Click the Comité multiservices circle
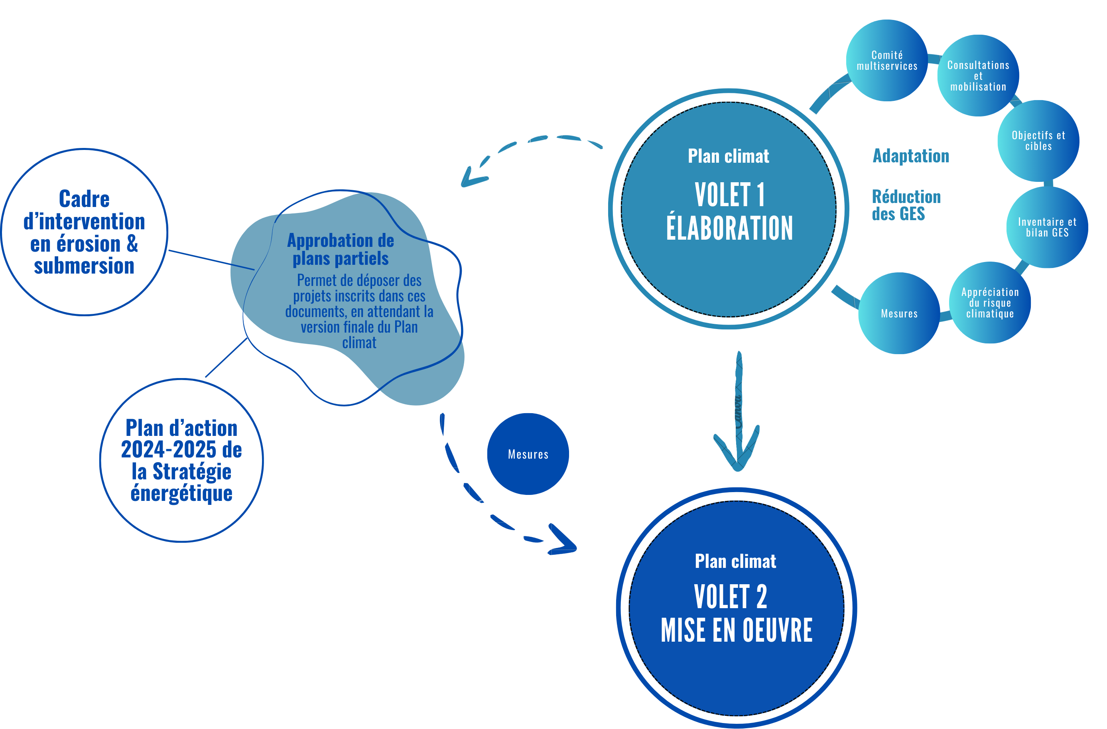point(886,61)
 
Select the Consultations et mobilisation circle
point(978,75)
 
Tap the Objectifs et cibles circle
point(1038,140)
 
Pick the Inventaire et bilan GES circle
point(1047,227)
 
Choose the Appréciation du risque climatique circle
point(990,302)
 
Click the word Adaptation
point(911,156)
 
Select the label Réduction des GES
point(905,205)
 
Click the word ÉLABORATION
point(729,228)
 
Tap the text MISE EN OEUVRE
point(736,630)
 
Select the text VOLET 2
point(730,597)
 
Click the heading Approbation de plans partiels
point(341,249)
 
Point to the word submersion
point(84,266)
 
